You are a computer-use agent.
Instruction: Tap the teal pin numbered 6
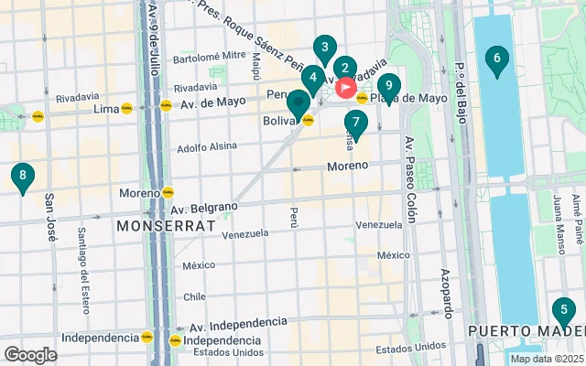(496, 61)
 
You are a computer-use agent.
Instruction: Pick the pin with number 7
(356, 123)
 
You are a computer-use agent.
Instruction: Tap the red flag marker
(347, 88)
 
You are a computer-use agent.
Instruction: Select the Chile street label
(194, 296)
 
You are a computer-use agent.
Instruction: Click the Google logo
(30, 355)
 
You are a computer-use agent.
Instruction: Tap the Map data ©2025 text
(547, 359)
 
